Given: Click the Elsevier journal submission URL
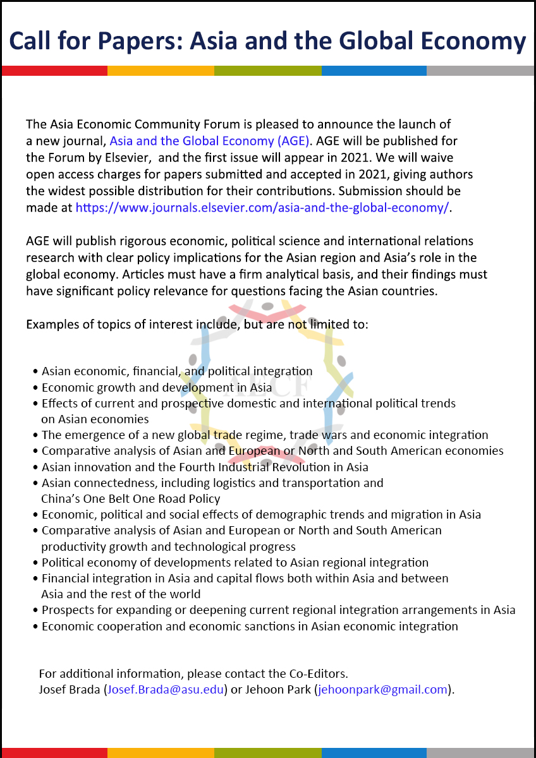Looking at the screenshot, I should coord(263,207).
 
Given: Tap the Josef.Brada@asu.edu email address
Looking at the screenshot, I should coord(166,689).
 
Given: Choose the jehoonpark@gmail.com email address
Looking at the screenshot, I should coord(383,689).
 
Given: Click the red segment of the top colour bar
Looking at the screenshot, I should coord(54,71).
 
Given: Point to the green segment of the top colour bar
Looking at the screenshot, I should coord(267,71).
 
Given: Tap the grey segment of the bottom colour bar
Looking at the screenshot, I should coord(480,753).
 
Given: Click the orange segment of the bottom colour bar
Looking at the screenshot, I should coord(161,753).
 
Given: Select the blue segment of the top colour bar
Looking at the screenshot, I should coord(374,71).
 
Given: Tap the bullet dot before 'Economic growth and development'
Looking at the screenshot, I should coord(36,388).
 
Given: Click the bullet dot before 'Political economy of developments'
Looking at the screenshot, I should coord(36,563).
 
